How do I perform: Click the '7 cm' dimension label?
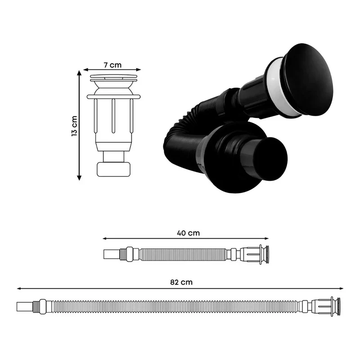point(112,65)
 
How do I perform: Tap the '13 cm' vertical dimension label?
point(74,126)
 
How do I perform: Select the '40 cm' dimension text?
point(188,233)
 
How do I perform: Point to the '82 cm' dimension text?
point(181,282)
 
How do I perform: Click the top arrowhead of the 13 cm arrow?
point(79,72)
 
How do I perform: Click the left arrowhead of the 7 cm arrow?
point(85,70)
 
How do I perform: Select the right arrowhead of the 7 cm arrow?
point(139,70)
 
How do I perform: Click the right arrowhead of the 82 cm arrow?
point(342,288)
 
